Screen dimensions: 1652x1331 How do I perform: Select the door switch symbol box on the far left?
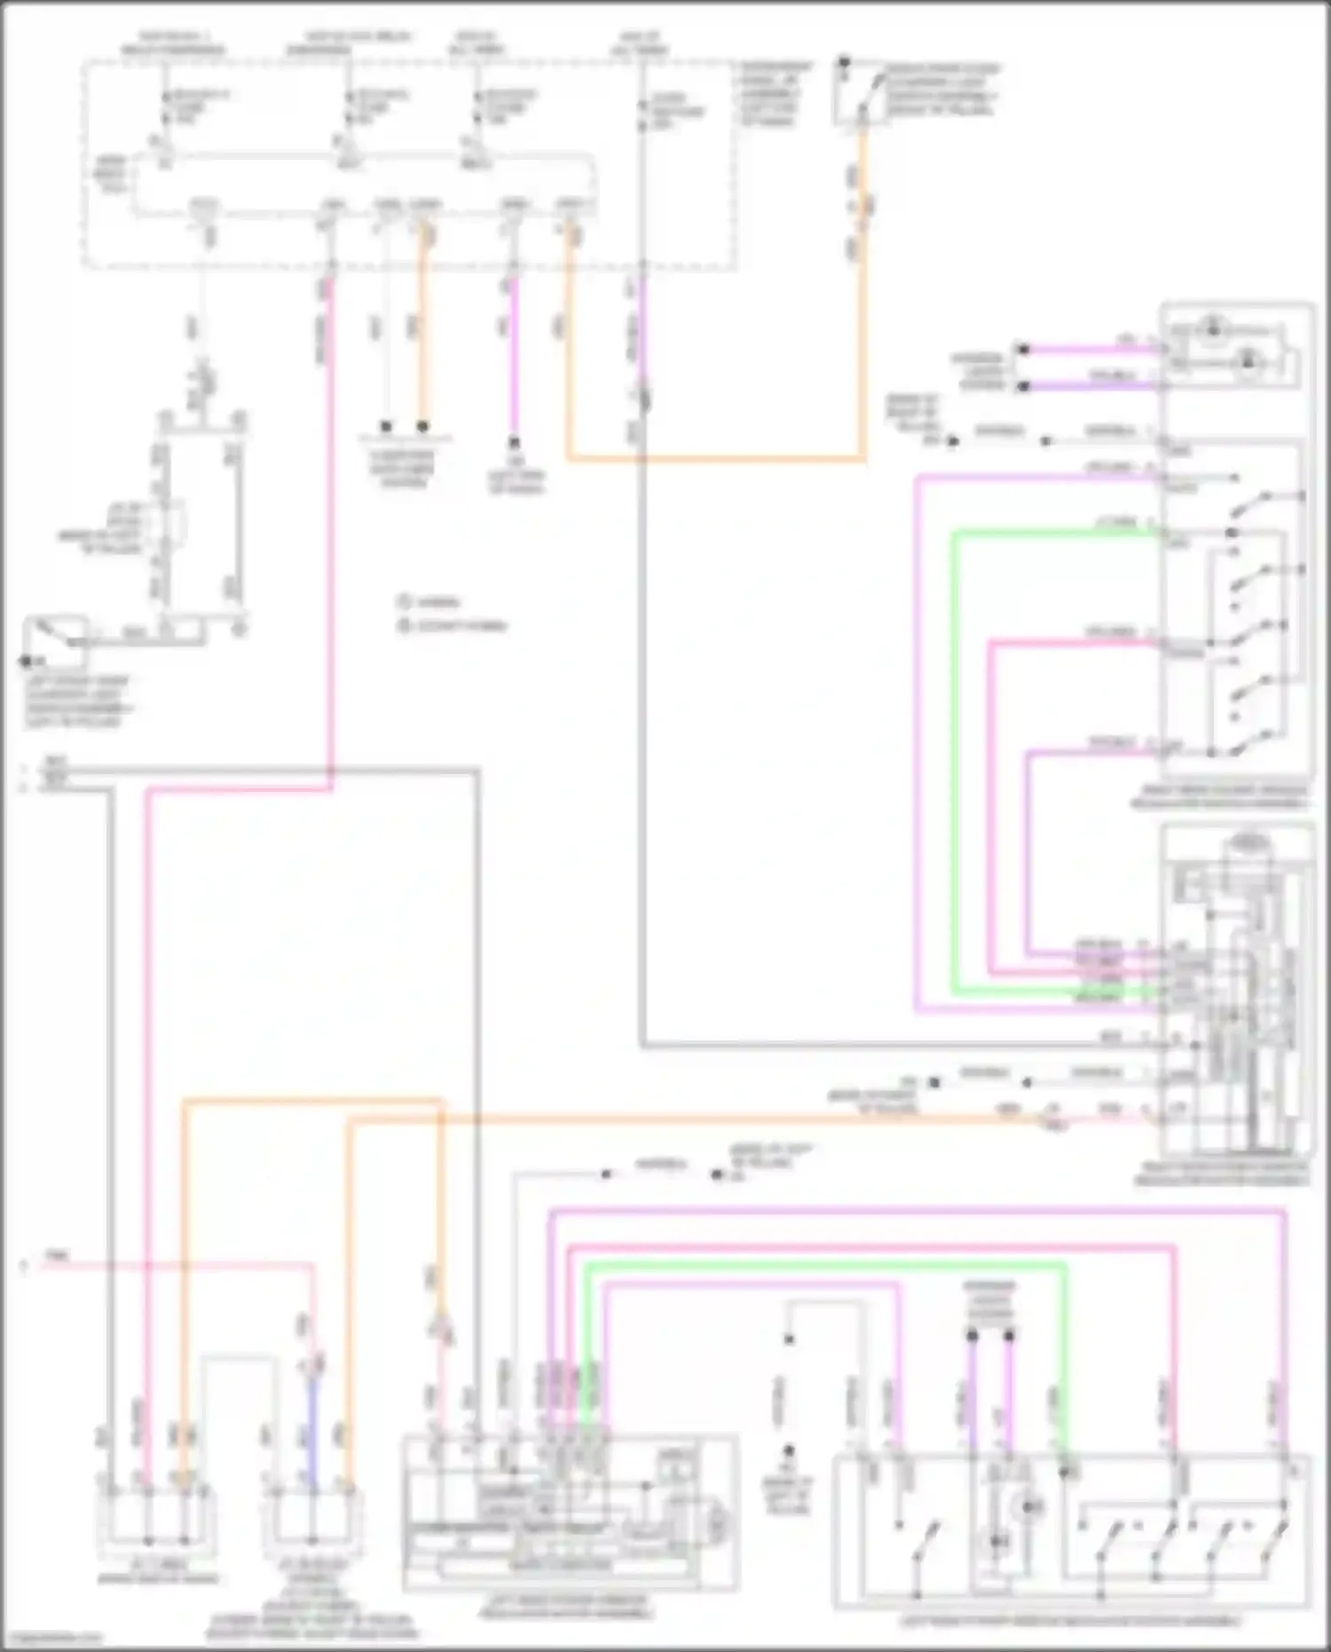pos(55,641)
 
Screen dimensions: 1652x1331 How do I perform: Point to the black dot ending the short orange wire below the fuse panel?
pos(423,427)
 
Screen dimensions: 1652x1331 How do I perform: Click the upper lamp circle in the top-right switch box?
pos(1211,331)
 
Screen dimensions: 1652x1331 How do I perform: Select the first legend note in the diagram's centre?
pos(429,602)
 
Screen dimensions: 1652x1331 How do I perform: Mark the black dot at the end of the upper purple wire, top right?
pos(1023,349)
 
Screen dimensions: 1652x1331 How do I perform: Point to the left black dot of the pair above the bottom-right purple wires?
pos(972,1334)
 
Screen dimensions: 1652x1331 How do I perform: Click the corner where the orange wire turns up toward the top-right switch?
pos(862,459)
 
